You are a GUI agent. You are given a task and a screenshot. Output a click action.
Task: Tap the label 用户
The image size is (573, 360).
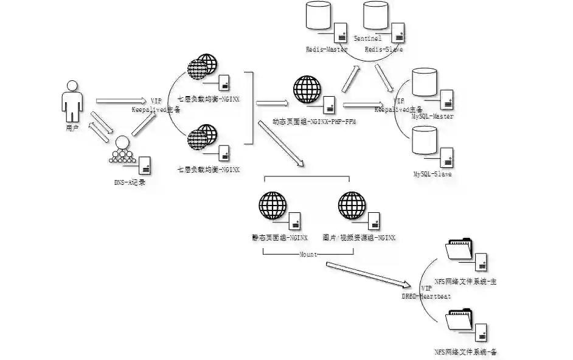pos(72,129)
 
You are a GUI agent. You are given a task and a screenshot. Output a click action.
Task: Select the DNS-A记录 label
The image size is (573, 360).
pos(130,182)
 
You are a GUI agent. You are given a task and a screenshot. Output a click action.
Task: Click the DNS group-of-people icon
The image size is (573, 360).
pos(123,150)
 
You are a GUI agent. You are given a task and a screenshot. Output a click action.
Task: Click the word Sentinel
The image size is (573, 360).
pos(367,38)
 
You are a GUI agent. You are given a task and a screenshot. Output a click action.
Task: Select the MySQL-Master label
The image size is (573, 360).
pos(432,116)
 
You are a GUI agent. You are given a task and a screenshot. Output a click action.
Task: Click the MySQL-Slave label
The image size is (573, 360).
pos(432,175)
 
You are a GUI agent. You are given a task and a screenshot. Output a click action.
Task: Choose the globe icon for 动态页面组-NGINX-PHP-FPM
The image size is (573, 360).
pos(307,89)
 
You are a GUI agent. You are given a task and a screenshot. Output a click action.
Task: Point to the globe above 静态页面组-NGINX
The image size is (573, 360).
pos(273,206)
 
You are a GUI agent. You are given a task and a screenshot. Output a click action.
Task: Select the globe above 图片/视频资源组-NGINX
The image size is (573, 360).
pos(352,206)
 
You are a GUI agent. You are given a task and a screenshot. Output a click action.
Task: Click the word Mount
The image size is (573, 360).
pos(308,254)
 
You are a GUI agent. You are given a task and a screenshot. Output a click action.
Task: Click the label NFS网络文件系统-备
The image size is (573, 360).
pos(467,351)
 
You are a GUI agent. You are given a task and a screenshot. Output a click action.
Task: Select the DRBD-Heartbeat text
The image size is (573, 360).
pos(425,295)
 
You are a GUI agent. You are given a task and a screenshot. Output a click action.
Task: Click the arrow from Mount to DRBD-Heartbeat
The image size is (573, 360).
pos(368,274)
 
